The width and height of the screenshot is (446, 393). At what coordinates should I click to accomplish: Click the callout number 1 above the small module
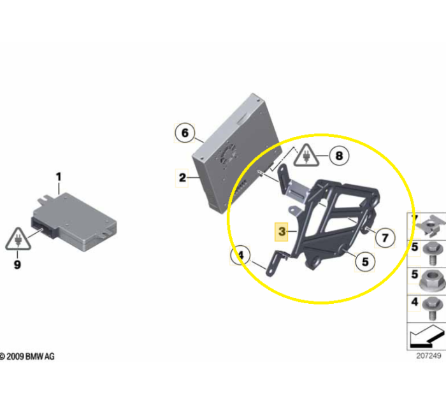coord(59,177)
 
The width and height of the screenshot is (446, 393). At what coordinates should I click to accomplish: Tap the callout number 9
coord(17,264)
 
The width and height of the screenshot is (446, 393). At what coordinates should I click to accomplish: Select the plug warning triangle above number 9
coord(18,239)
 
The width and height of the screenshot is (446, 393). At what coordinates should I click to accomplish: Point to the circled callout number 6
coord(185,132)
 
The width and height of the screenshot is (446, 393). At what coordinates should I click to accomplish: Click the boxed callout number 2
coord(182,178)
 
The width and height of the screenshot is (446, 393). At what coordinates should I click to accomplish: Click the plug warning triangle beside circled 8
coord(306,155)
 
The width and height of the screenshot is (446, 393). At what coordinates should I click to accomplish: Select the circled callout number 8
coord(339,156)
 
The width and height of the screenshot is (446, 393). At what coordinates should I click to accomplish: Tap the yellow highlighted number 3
coord(282,231)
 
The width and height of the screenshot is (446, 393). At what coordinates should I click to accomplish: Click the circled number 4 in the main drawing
coord(240,255)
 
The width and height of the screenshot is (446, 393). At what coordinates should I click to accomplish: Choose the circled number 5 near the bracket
coord(365,262)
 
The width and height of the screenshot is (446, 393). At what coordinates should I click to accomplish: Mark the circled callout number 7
coord(385,238)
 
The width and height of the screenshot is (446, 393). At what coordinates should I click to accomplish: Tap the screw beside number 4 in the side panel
coord(433,308)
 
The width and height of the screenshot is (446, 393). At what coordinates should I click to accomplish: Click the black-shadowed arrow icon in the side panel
coord(427,336)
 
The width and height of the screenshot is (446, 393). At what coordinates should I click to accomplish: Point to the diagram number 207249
coord(429,356)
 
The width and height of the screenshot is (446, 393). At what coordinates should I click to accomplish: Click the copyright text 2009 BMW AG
coord(27,357)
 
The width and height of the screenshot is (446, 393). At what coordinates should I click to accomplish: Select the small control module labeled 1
coord(74,222)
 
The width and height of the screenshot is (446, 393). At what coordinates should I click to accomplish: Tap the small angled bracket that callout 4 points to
coord(276,263)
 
